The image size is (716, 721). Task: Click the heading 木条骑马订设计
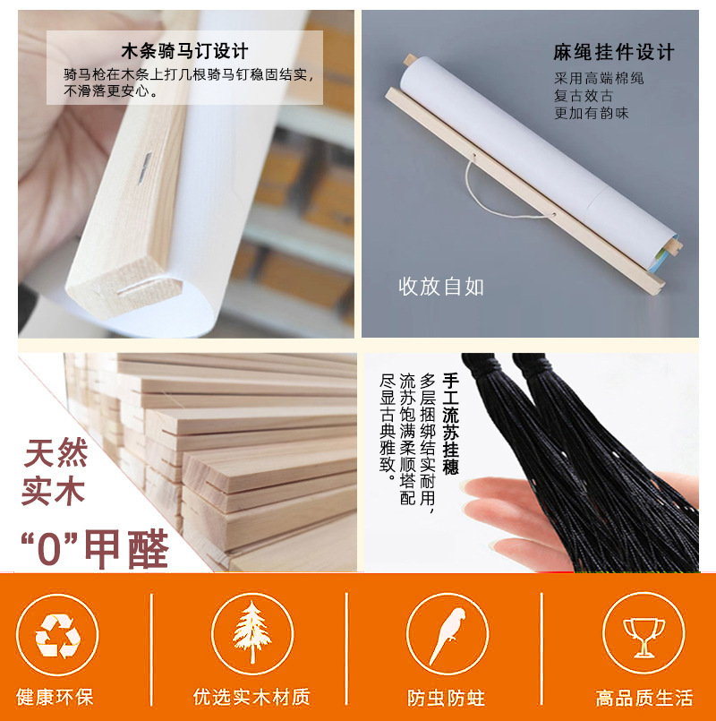tap(184, 50)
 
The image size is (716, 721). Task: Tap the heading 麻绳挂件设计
tap(613, 52)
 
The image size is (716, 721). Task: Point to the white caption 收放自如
tap(440, 286)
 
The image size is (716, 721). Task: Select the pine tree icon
tap(251, 632)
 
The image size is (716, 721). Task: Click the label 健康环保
tap(55, 697)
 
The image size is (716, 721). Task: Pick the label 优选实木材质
tap(251, 697)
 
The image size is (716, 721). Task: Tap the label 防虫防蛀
tap(447, 698)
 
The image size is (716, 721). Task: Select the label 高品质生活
tap(644, 698)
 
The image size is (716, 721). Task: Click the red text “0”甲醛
tap(95, 549)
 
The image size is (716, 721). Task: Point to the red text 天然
tap(55, 453)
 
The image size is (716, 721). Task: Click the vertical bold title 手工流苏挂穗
tap(451, 424)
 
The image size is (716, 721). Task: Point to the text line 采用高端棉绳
tap(599, 78)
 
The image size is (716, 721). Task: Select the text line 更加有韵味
tap(591, 113)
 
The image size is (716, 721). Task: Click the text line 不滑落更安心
tap(111, 90)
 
